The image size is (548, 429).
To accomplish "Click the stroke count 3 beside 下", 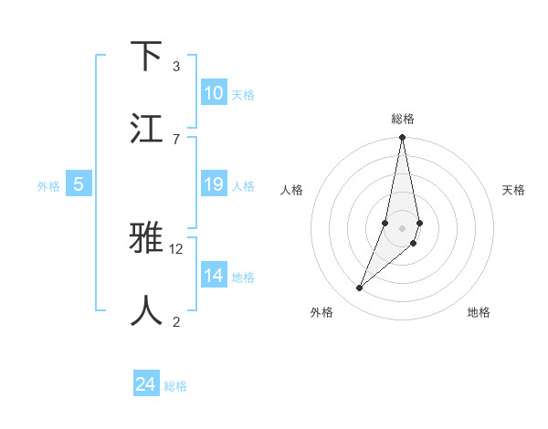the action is pyautogui.click(x=176, y=66).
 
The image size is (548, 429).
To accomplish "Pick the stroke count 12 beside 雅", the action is pyautogui.click(x=176, y=248).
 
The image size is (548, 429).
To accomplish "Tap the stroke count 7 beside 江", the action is pyautogui.click(x=176, y=138).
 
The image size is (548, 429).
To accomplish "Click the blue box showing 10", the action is pyautogui.click(x=214, y=93).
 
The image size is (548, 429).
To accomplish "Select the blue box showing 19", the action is pyautogui.click(x=214, y=184).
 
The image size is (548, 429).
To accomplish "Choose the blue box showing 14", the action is pyautogui.click(x=214, y=276).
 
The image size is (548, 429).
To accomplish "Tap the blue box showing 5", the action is pyautogui.click(x=79, y=185).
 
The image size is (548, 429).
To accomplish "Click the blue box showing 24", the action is pyautogui.click(x=146, y=385).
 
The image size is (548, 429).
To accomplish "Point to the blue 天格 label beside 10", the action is pyautogui.click(x=243, y=94).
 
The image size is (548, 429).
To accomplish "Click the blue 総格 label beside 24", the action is pyautogui.click(x=175, y=386).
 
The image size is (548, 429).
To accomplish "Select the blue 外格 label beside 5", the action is pyautogui.click(x=48, y=186).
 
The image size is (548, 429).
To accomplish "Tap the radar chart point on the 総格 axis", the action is pyautogui.click(x=402, y=138).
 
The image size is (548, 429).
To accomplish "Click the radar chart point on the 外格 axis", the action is pyautogui.click(x=360, y=288).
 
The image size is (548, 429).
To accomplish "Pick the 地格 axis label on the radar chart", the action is pyautogui.click(x=479, y=312).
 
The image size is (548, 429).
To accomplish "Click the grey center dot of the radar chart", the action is pyautogui.click(x=402, y=227).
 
